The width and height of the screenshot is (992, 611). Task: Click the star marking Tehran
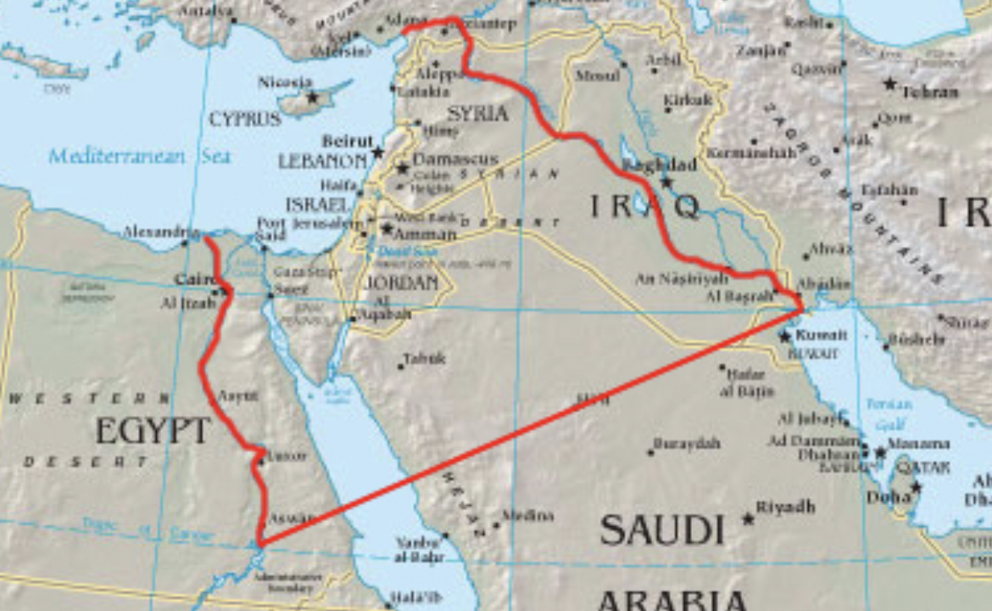click(x=889, y=84)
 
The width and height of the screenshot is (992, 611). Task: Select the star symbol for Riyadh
click(x=748, y=518)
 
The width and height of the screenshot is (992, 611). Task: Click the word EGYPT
click(x=153, y=431)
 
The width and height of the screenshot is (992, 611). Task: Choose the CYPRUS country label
click(x=245, y=119)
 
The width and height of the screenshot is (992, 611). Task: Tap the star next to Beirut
click(x=378, y=153)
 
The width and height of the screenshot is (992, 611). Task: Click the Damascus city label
click(x=444, y=160)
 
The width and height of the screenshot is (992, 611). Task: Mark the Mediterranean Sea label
click(x=139, y=156)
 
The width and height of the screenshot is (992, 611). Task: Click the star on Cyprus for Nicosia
click(x=312, y=98)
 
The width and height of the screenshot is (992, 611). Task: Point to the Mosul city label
click(x=597, y=76)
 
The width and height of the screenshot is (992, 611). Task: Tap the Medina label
click(x=527, y=515)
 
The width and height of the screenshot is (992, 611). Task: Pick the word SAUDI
click(x=662, y=530)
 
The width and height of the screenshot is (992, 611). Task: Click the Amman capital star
click(x=387, y=228)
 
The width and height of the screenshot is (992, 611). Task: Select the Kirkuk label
click(x=688, y=100)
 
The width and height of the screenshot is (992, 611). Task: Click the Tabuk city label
click(x=424, y=359)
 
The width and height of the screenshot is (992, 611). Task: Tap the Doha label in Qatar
click(x=888, y=497)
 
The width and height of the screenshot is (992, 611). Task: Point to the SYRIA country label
click(x=477, y=114)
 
